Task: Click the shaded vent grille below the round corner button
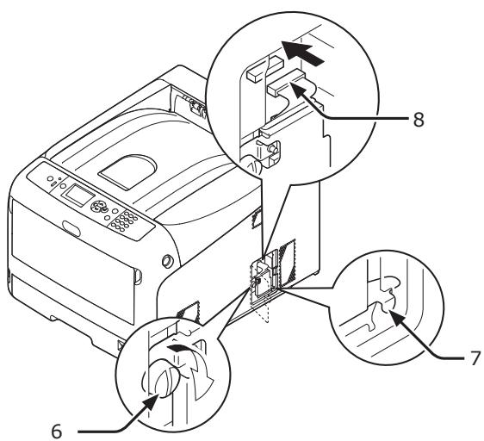[x=182, y=307]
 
